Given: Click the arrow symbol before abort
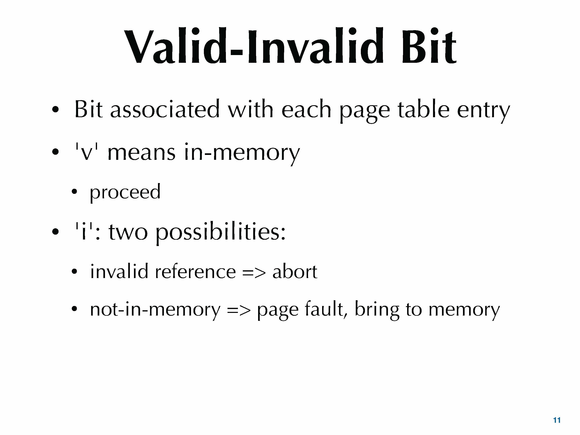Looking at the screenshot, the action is (254, 273).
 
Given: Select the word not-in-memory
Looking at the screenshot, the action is (155, 310).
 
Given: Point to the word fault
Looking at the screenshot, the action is (326, 309).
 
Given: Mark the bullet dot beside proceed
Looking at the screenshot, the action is (74, 192).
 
